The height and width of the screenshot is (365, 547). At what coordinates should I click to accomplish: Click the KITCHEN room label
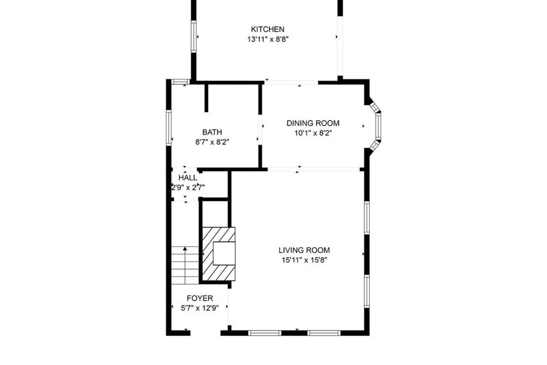[x=267, y=29]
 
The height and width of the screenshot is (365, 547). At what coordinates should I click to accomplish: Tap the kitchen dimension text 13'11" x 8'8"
[x=267, y=39]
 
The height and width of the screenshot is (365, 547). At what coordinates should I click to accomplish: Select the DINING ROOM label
[x=313, y=123]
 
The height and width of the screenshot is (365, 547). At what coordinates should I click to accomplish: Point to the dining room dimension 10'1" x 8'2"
[x=313, y=133]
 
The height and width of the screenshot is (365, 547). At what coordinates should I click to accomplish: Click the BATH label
[x=212, y=132]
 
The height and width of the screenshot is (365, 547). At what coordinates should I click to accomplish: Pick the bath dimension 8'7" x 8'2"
[x=212, y=142]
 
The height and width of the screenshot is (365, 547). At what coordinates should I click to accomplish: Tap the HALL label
[x=188, y=178]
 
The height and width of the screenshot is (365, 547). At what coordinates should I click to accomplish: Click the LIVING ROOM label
[x=304, y=250]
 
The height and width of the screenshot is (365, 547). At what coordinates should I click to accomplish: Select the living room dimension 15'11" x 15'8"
[x=304, y=260]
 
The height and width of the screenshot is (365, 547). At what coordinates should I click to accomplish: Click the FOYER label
[x=200, y=298]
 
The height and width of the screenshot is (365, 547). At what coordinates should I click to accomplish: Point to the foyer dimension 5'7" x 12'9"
[x=200, y=308]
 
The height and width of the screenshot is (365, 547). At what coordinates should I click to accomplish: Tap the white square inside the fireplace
[x=224, y=253]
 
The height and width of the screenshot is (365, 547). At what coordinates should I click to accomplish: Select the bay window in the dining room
[x=376, y=126]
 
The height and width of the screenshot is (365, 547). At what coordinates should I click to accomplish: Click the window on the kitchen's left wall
[x=193, y=36]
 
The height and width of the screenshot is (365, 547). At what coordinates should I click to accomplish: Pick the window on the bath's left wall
[x=169, y=127]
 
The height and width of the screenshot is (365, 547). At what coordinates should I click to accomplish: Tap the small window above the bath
[x=181, y=82]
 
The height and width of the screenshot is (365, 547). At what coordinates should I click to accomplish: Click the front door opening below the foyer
[x=206, y=333]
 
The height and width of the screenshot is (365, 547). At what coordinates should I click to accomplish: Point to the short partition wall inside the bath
[x=207, y=98]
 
